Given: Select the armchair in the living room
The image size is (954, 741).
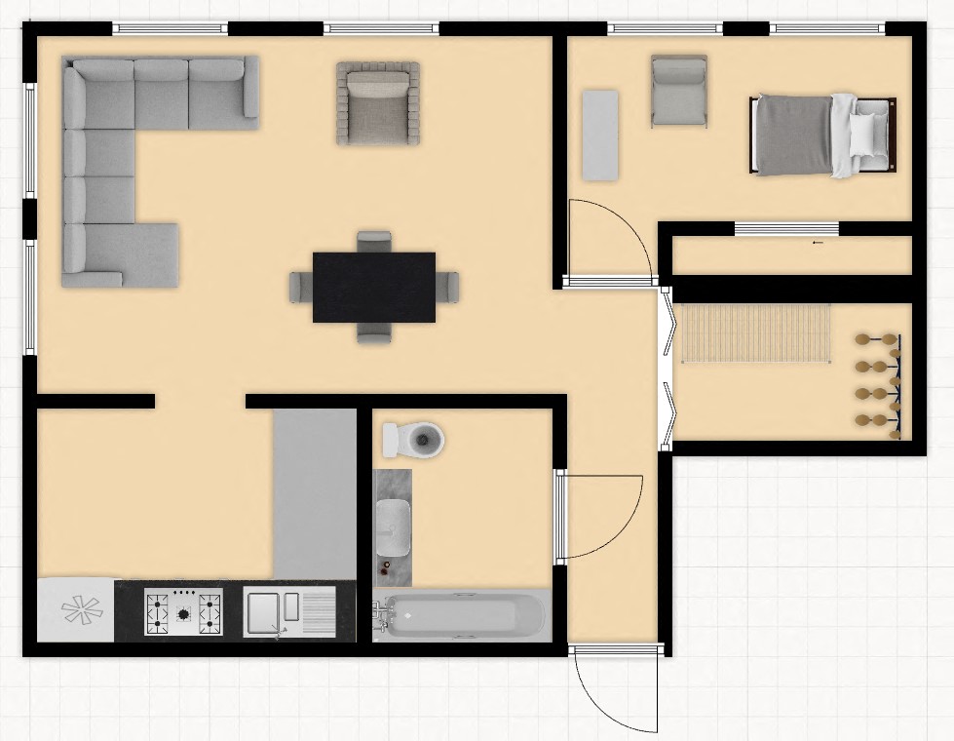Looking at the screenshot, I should [378, 103].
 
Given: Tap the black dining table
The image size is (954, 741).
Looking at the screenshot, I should [373, 287].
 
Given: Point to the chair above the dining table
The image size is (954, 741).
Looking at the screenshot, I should [374, 241].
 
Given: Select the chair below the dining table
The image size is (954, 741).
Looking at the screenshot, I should [374, 332].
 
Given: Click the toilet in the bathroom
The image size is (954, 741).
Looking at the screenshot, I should [413, 440].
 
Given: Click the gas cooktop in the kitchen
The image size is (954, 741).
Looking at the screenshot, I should [183, 612].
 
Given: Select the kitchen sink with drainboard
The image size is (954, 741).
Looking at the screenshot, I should [288, 612].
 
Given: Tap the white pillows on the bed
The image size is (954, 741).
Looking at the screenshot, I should [867, 136].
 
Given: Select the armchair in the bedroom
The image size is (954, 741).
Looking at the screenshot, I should [679, 91].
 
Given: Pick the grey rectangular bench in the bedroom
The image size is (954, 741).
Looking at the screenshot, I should [599, 135].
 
